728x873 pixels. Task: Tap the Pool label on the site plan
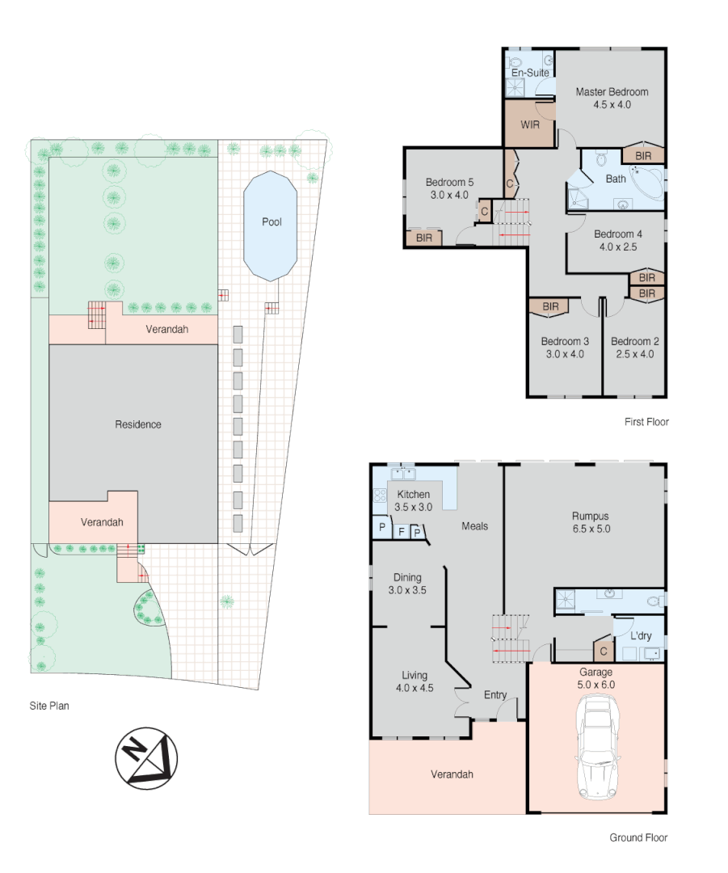[x=271, y=222]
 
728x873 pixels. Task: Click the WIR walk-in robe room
[x=530, y=125]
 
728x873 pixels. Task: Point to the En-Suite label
[x=530, y=73]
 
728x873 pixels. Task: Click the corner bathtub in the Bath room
[x=647, y=182]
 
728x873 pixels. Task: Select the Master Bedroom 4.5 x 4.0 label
[x=612, y=98]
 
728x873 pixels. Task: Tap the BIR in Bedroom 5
[x=424, y=238]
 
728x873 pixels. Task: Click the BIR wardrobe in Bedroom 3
[x=551, y=307]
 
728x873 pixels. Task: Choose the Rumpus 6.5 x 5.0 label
[x=590, y=522]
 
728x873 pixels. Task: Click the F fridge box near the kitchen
[x=401, y=532]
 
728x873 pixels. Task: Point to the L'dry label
[x=640, y=636]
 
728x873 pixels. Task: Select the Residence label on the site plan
[x=137, y=424]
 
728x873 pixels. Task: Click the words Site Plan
[x=49, y=706]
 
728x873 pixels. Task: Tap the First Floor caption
[x=646, y=422]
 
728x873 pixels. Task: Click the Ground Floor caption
[x=638, y=838]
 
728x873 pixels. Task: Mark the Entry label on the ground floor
[x=495, y=695]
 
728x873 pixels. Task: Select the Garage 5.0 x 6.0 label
[x=596, y=677]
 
